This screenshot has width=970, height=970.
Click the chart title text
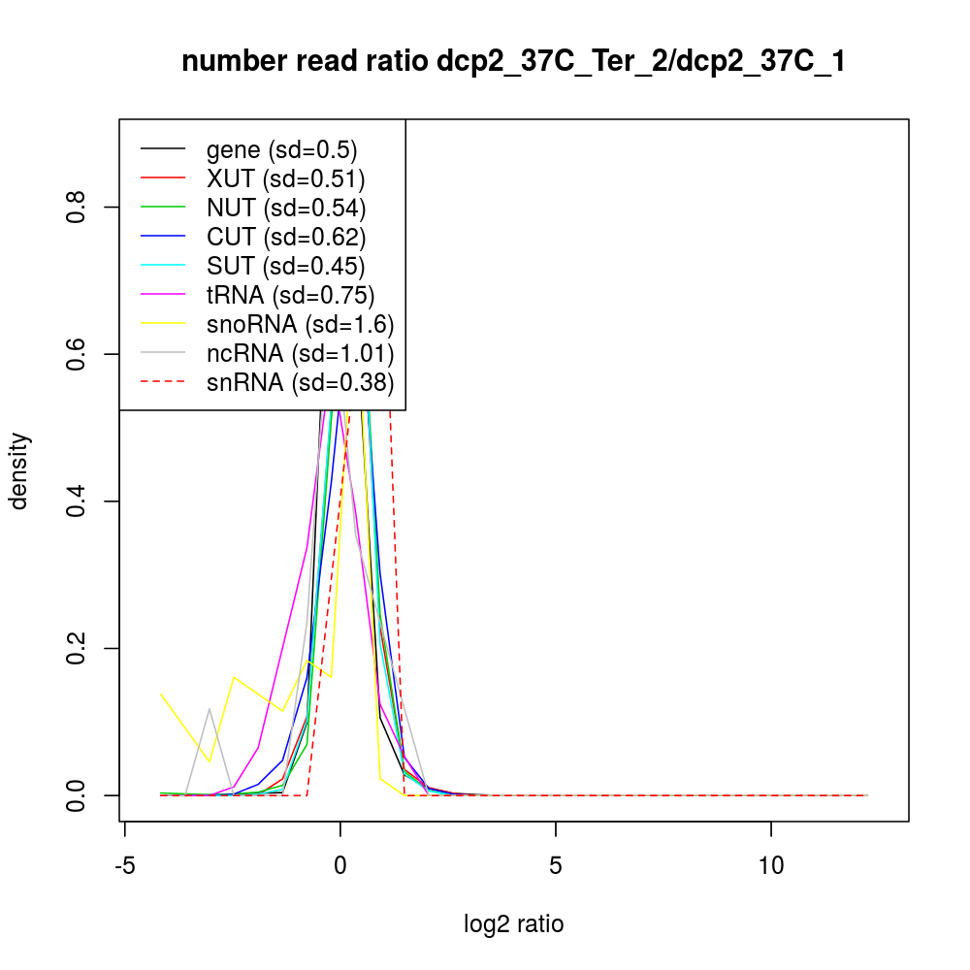pyautogui.click(x=513, y=62)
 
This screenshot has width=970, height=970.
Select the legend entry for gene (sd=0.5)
pyautogui.click(x=281, y=149)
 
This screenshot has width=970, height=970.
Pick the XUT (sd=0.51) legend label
pyautogui.click(x=285, y=178)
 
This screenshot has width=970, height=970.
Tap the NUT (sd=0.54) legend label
pyautogui.click(x=286, y=208)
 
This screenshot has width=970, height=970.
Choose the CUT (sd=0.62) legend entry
pyautogui.click(x=286, y=237)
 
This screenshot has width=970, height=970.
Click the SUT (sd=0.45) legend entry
pyautogui.click(x=286, y=266)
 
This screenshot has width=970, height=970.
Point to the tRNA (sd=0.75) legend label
pyautogui.click(x=290, y=295)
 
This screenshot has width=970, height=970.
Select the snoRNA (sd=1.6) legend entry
pyautogui.click(x=300, y=324)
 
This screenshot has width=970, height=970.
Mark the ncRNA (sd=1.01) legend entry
pyautogui.click(x=300, y=353)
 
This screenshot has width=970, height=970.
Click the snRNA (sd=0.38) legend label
pyautogui.click(x=300, y=382)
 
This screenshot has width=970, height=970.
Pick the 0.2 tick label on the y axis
pyautogui.click(x=78, y=648)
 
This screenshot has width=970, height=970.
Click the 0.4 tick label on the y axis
pyautogui.click(x=78, y=501)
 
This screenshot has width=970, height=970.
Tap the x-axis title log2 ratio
pyautogui.click(x=513, y=924)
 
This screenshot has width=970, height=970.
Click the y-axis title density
pyautogui.click(x=20, y=470)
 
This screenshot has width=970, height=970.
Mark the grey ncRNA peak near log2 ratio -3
pyautogui.click(x=209, y=709)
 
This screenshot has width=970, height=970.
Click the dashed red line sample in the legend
pyautogui.click(x=162, y=382)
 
